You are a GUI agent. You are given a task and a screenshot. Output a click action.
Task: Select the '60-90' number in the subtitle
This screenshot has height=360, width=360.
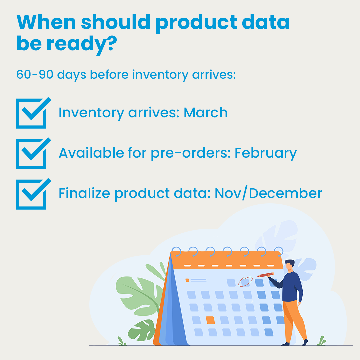pos(35,74)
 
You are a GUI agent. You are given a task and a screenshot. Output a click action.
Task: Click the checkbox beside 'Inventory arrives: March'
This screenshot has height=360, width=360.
pos(32,113)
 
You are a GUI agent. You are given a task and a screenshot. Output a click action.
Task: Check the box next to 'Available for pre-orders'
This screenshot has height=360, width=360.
pos(32,153)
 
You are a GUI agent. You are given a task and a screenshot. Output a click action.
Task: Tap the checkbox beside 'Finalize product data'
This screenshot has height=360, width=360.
pos(32,194)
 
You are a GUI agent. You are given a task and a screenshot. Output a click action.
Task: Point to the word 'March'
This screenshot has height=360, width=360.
pos(205,113)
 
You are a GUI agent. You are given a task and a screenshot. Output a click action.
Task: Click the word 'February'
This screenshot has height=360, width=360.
pos(265,153)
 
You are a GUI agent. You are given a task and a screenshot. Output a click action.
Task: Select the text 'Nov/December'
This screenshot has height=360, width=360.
pos(268,193)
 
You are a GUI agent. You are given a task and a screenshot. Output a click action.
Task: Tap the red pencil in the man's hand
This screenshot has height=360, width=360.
pos(266,275)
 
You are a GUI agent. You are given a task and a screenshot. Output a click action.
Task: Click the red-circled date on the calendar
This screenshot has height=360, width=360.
pos(245,282)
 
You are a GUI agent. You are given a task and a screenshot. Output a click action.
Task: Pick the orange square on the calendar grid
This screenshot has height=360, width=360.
pos(210,320)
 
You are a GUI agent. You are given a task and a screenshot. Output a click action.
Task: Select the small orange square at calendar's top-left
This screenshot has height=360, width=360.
pos(187,280)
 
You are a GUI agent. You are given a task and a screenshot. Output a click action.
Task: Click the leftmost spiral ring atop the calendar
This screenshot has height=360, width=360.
pos(176,251)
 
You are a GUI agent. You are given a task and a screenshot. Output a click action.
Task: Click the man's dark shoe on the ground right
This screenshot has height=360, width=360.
pos(304,342)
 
